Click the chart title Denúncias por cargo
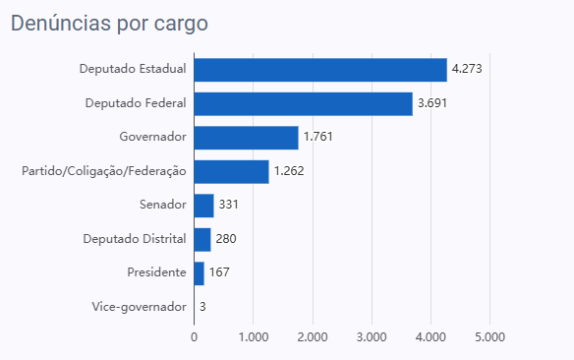(x=109, y=24)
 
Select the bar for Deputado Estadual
(x=320, y=70)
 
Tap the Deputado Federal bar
(x=304, y=104)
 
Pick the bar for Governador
(x=247, y=138)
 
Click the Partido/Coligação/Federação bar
(x=231, y=172)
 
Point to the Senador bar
(x=203, y=206)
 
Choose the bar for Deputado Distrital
(x=202, y=240)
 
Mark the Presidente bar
(x=200, y=273)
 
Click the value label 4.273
(x=467, y=69)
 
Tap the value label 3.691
(x=432, y=103)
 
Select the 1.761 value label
(x=318, y=137)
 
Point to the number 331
(x=228, y=205)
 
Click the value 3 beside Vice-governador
(x=202, y=307)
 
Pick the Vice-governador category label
(x=140, y=307)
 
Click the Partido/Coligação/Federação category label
(x=104, y=171)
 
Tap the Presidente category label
(x=156, y=272)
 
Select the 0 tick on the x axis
(x=194, y=337)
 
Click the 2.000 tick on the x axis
(x=313, y=337)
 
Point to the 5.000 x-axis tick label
(x=489, y=337)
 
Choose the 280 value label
(x=226, y=239)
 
